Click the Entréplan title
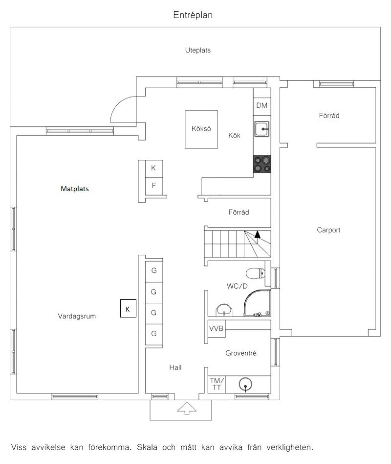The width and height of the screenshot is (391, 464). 193,15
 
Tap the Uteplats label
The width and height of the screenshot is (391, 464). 198,50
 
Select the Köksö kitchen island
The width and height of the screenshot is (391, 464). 201,129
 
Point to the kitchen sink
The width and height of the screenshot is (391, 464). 262,129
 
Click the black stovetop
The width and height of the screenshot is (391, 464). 262,164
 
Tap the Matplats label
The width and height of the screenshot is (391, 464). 75,189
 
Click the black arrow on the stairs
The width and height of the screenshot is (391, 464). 257,234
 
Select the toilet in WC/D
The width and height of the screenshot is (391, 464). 255,273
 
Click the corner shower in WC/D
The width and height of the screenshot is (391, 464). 257,303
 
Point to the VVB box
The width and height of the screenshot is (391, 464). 216,329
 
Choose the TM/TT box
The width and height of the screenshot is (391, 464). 217,384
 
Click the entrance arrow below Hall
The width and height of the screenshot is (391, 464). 187,408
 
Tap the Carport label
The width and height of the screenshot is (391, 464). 328,230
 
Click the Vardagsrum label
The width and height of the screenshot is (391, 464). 77,316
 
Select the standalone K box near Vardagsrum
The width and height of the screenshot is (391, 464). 128,308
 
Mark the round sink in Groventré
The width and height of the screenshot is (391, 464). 245,384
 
